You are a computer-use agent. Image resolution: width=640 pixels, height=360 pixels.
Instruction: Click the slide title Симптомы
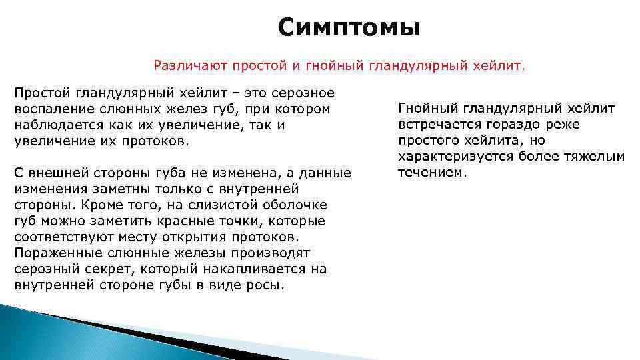point(349,28)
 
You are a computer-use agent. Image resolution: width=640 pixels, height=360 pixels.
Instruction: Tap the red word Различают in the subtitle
point(185,65)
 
